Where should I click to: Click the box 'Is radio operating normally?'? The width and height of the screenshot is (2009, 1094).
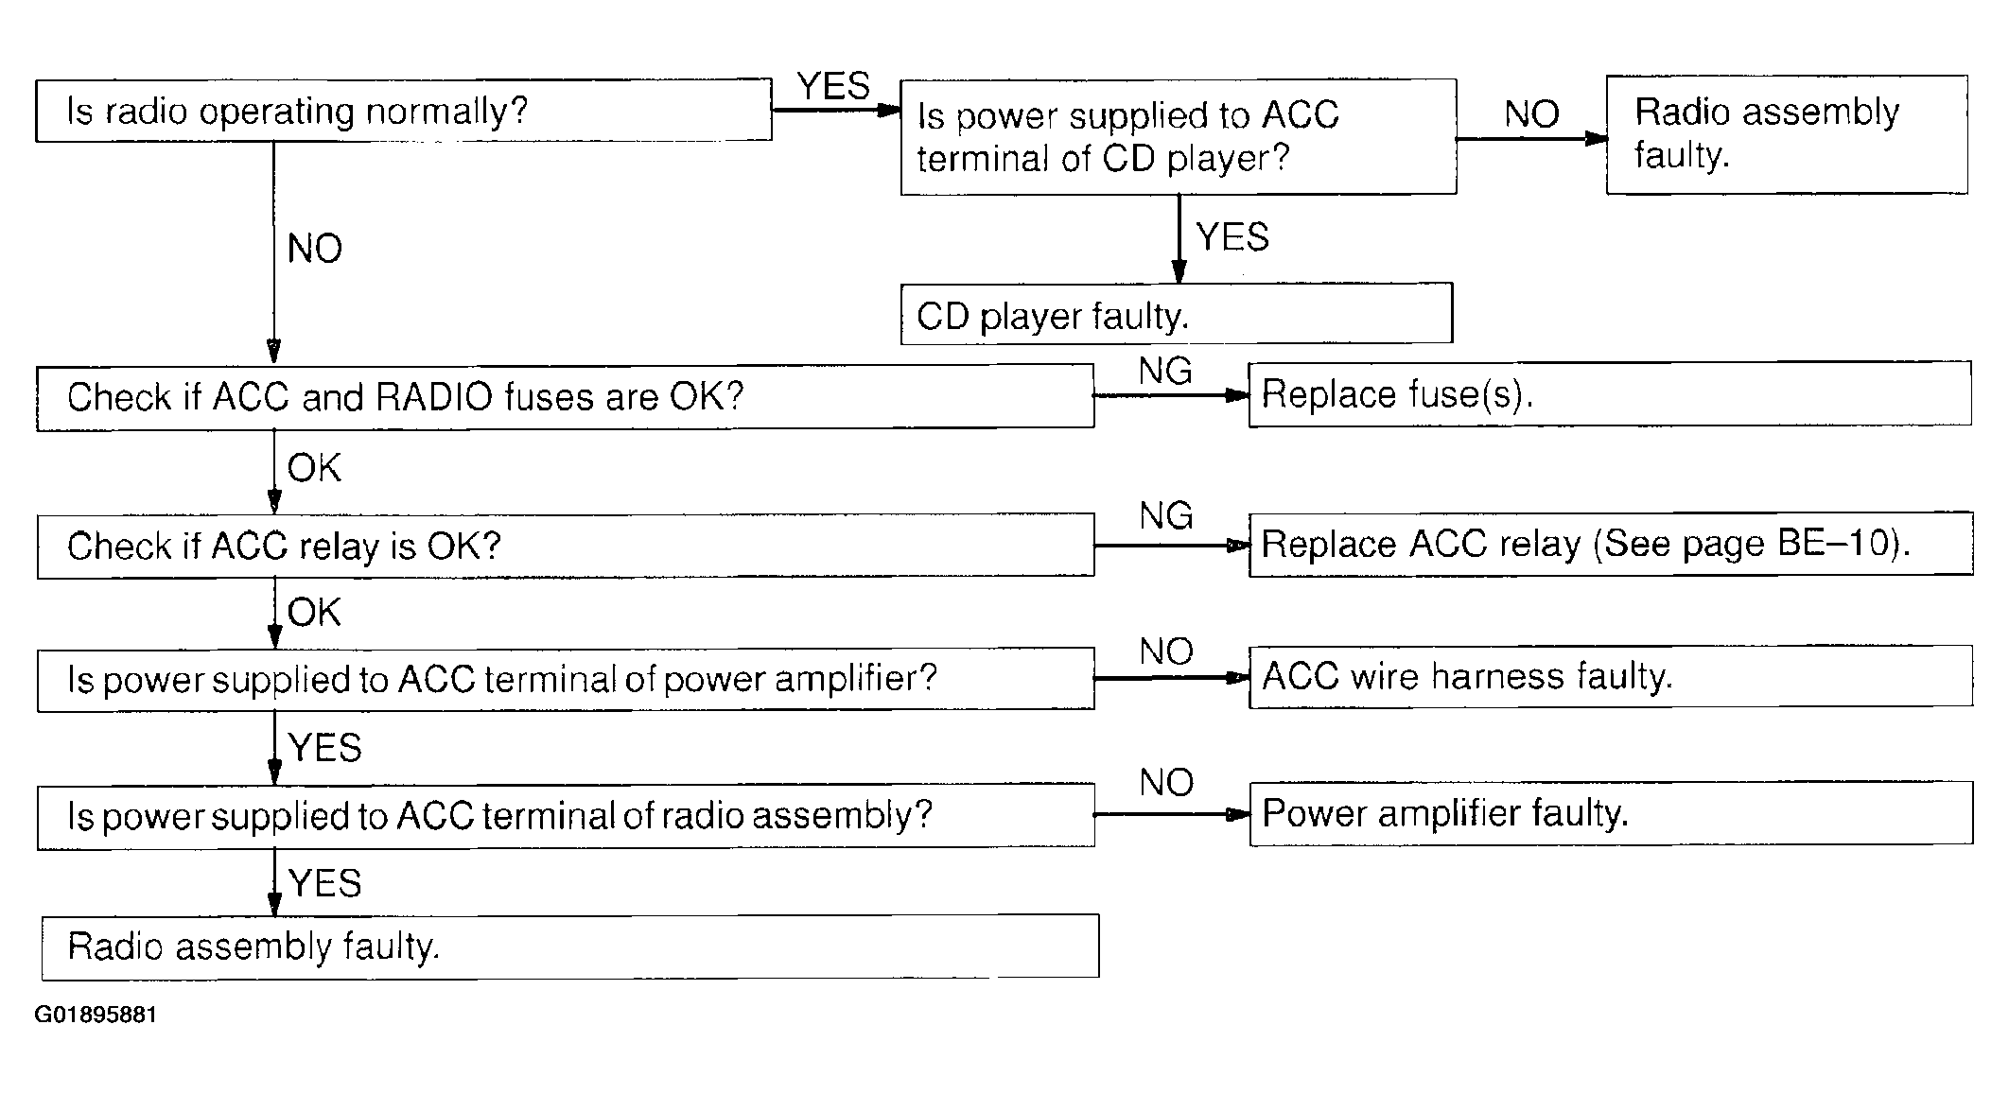coord(404,111)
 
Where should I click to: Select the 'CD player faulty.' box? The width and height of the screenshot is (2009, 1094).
coord(1177,313)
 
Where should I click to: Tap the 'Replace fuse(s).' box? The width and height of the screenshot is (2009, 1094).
coord(1610,394)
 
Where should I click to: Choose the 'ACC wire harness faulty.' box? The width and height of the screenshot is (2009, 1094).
coord(1611,676)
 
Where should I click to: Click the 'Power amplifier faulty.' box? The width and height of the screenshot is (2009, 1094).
coord(1611,813)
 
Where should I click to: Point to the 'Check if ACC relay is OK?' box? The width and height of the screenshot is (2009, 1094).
coord(566,546)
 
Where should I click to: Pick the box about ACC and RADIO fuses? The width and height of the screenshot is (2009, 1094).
coord(566,397)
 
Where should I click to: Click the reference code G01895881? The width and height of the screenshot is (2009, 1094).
coord(96,1015)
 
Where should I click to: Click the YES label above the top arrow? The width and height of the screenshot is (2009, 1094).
coord(833,86)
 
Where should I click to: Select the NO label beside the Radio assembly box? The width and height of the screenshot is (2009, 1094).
coord(1531,114)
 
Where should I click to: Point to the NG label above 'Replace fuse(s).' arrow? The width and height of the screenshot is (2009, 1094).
coord(1165,371)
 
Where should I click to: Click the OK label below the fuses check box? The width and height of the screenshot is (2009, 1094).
coord(314,468)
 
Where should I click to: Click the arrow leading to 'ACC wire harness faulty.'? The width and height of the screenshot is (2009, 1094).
coord(1172,677)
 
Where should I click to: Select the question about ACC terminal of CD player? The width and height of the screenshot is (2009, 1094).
coord(1179,137)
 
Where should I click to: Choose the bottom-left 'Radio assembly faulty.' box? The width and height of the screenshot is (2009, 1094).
coord(570,946)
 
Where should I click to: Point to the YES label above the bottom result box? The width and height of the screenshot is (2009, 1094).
coord(325,883)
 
